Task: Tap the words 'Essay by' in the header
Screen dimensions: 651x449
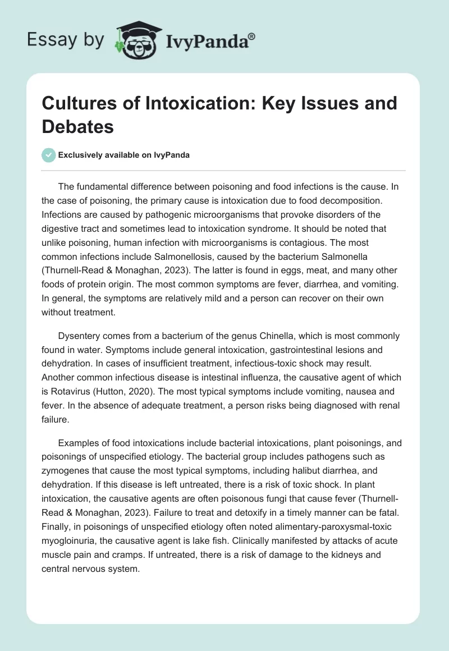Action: (x=66, y=39)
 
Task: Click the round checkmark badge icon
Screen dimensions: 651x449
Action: (x=48, y=155)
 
